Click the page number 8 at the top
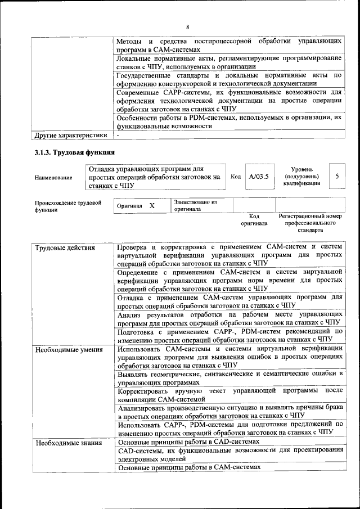(x=187, y=26)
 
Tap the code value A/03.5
(x=259, y=176)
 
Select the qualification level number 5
(x=336, y=176)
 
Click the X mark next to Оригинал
(x=152, y=206)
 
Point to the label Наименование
(x=53, y=177)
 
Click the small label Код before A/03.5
(x=236, y=177)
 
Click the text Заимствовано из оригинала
(x=195, y=205)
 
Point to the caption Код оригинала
(x=254, y=219)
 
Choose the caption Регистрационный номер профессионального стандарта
(x=310, y=223)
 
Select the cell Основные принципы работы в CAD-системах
(x=188, y=442)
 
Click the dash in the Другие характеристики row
(x=119, y=136)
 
